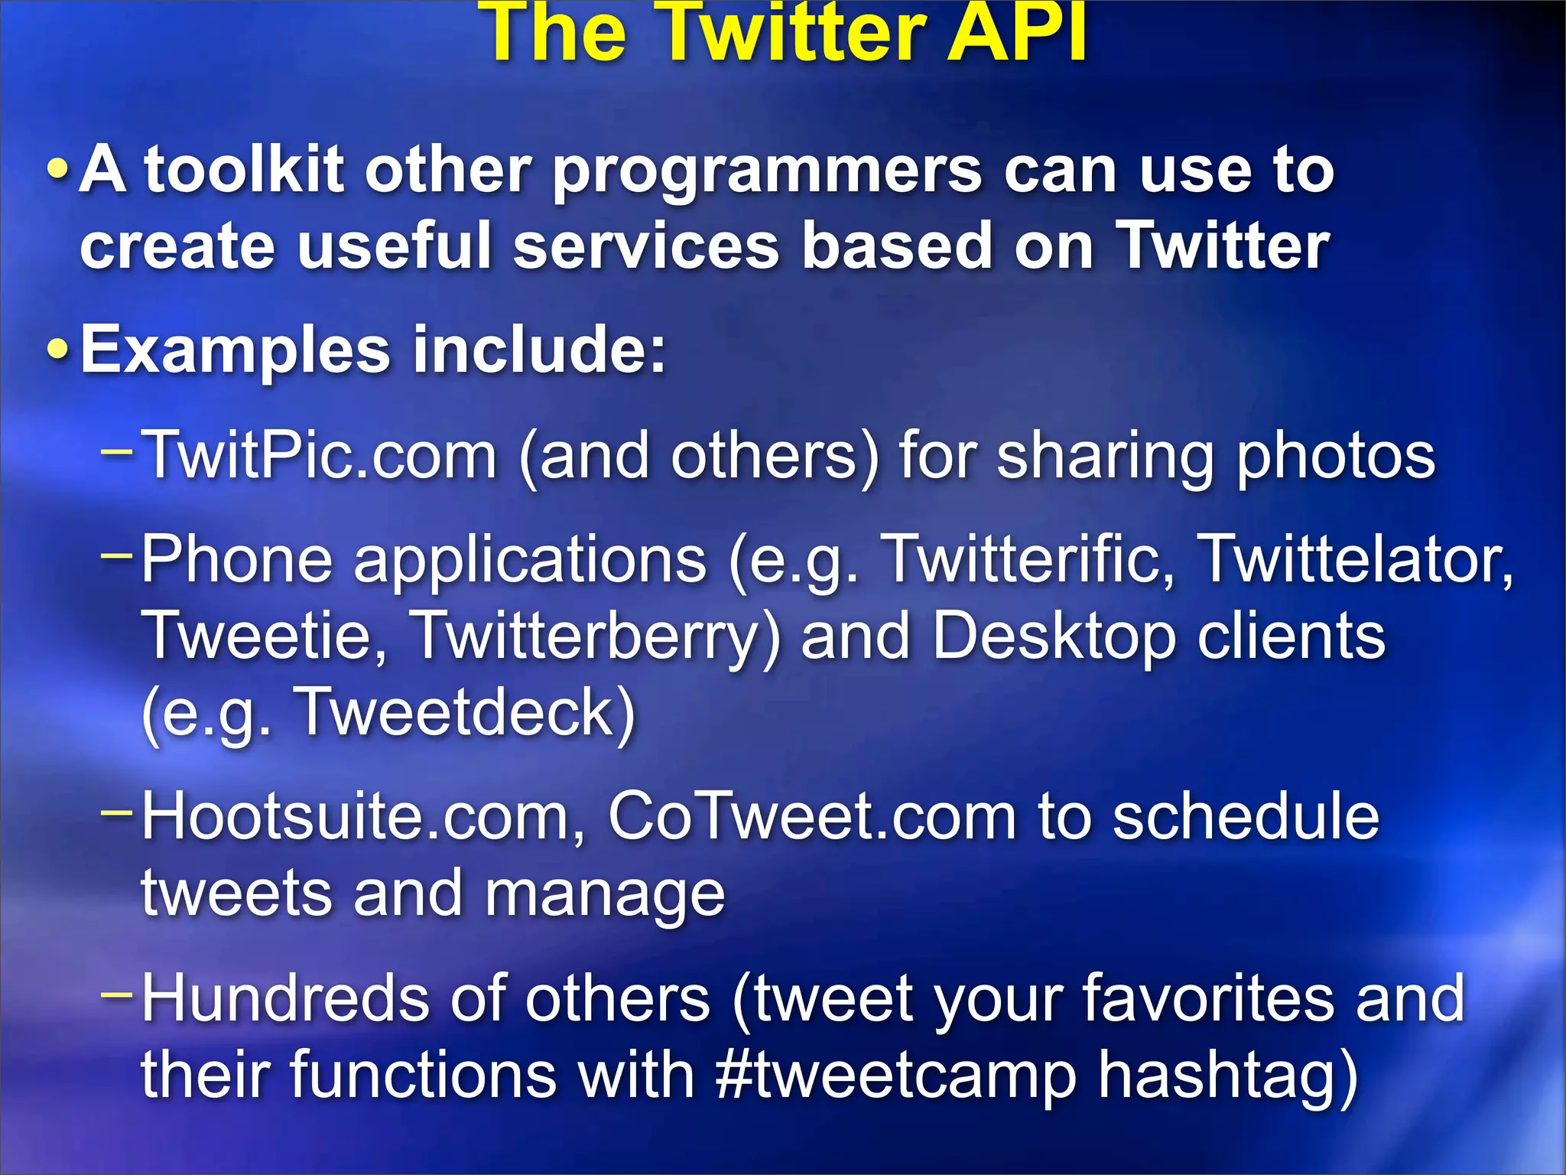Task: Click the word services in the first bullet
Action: coord(646,246)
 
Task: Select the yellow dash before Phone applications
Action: coord(117,552)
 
